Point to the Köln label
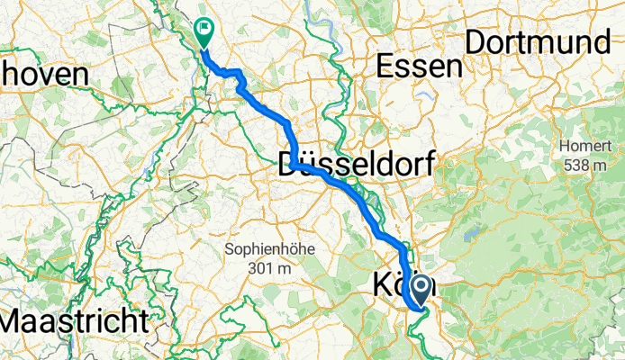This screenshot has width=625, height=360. point(402,286)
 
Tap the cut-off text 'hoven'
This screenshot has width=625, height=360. point(44,74)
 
